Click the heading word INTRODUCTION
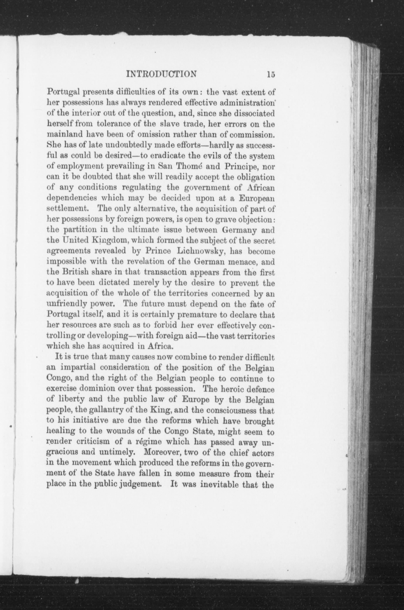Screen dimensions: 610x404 pyautogui.click(x=162, y=74)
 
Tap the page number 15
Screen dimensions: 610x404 pyautogui.click(x=271, y=75)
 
